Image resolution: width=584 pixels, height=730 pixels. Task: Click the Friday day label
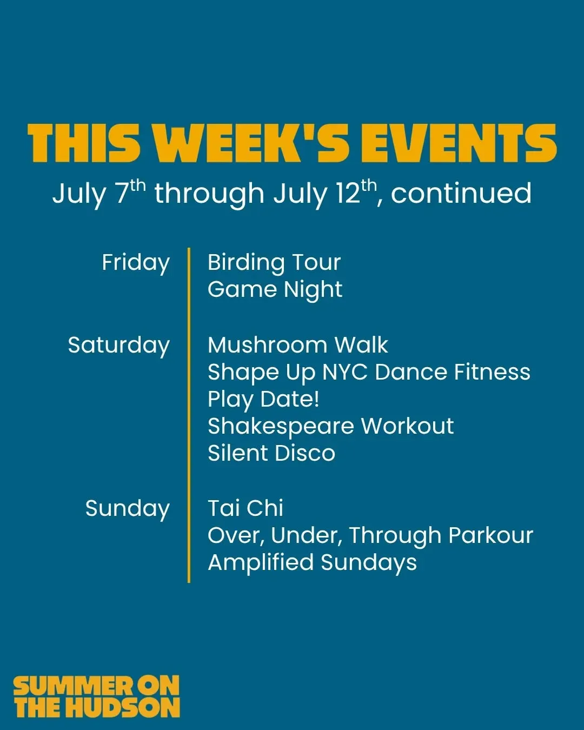coord(136,263)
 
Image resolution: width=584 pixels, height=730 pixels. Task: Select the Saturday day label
coord(119,346)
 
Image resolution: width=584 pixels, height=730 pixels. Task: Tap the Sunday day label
coord(127,509)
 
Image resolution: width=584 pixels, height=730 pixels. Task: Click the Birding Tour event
coord(274,263)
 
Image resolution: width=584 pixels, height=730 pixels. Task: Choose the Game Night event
coord(275,290)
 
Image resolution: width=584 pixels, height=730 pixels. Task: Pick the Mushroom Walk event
coord(298,346)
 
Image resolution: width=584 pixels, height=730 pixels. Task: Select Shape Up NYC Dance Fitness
coord(369,373)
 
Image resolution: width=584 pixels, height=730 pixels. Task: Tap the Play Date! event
coord(264,400)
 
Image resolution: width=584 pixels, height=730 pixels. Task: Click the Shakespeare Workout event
coord(331,427)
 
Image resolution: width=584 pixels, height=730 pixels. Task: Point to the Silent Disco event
coord(271,453)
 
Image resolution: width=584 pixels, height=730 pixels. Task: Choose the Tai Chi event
coord(245,508)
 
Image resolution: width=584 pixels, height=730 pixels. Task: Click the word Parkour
coord(491,535)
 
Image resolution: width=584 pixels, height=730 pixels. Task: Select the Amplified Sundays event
coord(312,563)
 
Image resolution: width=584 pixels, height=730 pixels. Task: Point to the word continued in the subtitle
coord(461,193)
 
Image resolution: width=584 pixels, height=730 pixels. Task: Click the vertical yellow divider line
coord(189,415)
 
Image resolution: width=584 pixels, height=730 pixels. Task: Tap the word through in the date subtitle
coord(209,194)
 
